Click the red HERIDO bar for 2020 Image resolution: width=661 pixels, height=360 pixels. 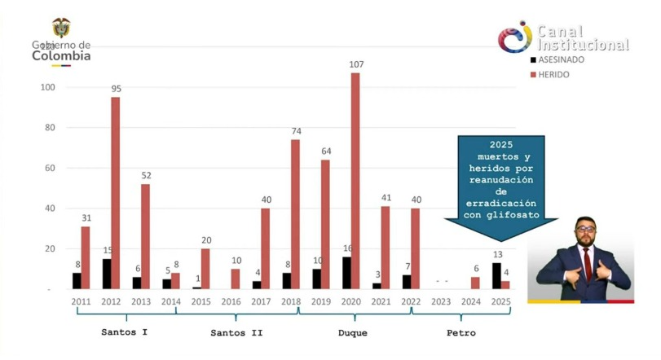click(x=355, y=181)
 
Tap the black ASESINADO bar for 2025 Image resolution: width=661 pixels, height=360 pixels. click(x=496, y=275)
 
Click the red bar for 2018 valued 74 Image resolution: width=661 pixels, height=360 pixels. click(x=295, y=214)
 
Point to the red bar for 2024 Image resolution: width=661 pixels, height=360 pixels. click(x=475, y=283)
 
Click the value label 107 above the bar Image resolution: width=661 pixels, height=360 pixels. click(x=355, y=64)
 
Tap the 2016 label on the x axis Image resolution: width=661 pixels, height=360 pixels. click(x=231, y=301)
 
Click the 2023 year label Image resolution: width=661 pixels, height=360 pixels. click(x=441, y=301)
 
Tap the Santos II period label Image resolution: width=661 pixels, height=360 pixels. click(x=236, y=332)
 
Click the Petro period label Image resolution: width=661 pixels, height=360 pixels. click(x=461, y=332)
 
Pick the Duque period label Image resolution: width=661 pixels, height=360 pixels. click(x=353, y=332)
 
